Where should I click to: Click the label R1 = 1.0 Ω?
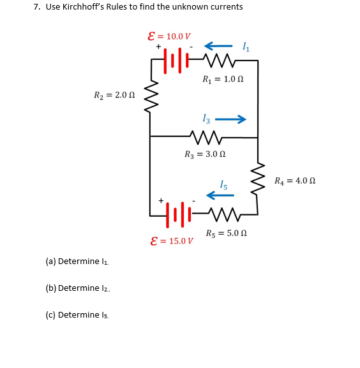222,80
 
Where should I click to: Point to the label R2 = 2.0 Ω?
114,96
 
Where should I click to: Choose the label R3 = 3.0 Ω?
205,154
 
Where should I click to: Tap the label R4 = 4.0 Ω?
295,180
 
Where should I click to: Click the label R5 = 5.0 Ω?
227,233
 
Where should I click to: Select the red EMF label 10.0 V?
169,36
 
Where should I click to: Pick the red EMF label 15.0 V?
171,241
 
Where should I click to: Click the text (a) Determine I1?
77,261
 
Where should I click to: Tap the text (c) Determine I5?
77,315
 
